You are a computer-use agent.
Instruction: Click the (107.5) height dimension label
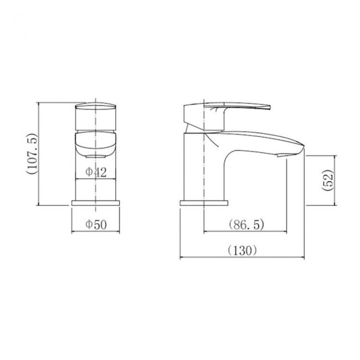click(31, 153)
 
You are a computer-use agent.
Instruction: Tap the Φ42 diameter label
click(96, 172)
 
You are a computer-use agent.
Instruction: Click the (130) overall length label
click(243, 250)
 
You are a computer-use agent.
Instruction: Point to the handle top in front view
click(96, 105)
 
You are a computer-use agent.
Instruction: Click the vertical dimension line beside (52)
click(336, 181)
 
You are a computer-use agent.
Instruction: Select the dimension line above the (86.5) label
click(246, 232)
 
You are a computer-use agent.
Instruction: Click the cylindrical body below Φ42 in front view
click(96, 188)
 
